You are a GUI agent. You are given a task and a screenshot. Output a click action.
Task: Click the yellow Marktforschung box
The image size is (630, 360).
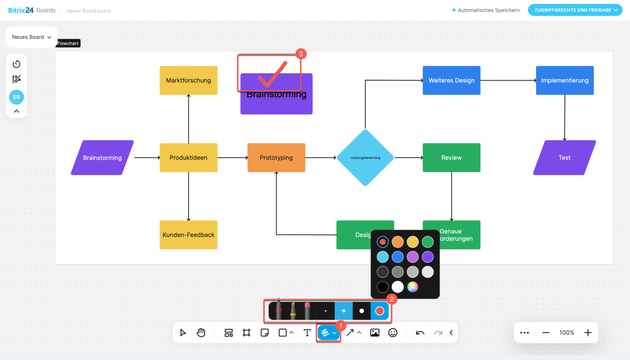tap(189, 80)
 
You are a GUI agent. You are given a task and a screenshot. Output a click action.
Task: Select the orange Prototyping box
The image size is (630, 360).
tap(276, 157)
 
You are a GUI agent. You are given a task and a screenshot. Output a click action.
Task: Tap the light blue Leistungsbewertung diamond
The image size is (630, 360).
tap(365, 157)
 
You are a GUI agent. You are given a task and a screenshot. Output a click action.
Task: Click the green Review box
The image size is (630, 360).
tap(451, 157)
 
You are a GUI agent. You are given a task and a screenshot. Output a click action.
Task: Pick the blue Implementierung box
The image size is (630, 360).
tap(565, 80)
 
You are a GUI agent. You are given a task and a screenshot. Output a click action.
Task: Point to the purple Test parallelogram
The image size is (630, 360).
tap(565, 157)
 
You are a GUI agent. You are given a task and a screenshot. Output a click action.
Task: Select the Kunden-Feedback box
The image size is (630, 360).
tap(189, 235)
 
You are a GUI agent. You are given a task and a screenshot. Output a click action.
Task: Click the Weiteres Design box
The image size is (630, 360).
tap(451, 80)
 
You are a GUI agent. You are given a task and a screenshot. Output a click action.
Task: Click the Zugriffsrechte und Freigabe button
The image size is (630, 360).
tap(575, 10)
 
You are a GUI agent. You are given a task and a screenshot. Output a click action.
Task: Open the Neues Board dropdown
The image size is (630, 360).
tap(31, 37)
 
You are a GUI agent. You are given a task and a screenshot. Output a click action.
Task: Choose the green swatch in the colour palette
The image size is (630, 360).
tap(428, 242)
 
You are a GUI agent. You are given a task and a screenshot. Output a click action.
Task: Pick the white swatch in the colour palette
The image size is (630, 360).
tap(398, 287)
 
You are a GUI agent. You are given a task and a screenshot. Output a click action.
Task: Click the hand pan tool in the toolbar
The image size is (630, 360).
tap(201, 332)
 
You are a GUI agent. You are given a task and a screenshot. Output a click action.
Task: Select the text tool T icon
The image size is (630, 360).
tap(307, 332)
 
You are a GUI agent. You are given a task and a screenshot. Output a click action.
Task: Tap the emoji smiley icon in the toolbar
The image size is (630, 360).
tap(393, 332)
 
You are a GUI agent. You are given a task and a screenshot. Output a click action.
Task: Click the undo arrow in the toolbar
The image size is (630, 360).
tap(420, 332)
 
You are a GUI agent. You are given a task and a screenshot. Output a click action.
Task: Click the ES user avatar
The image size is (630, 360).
tap(16, 97)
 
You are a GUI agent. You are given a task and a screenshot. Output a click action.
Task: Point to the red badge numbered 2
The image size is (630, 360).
tap(392, 299)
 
